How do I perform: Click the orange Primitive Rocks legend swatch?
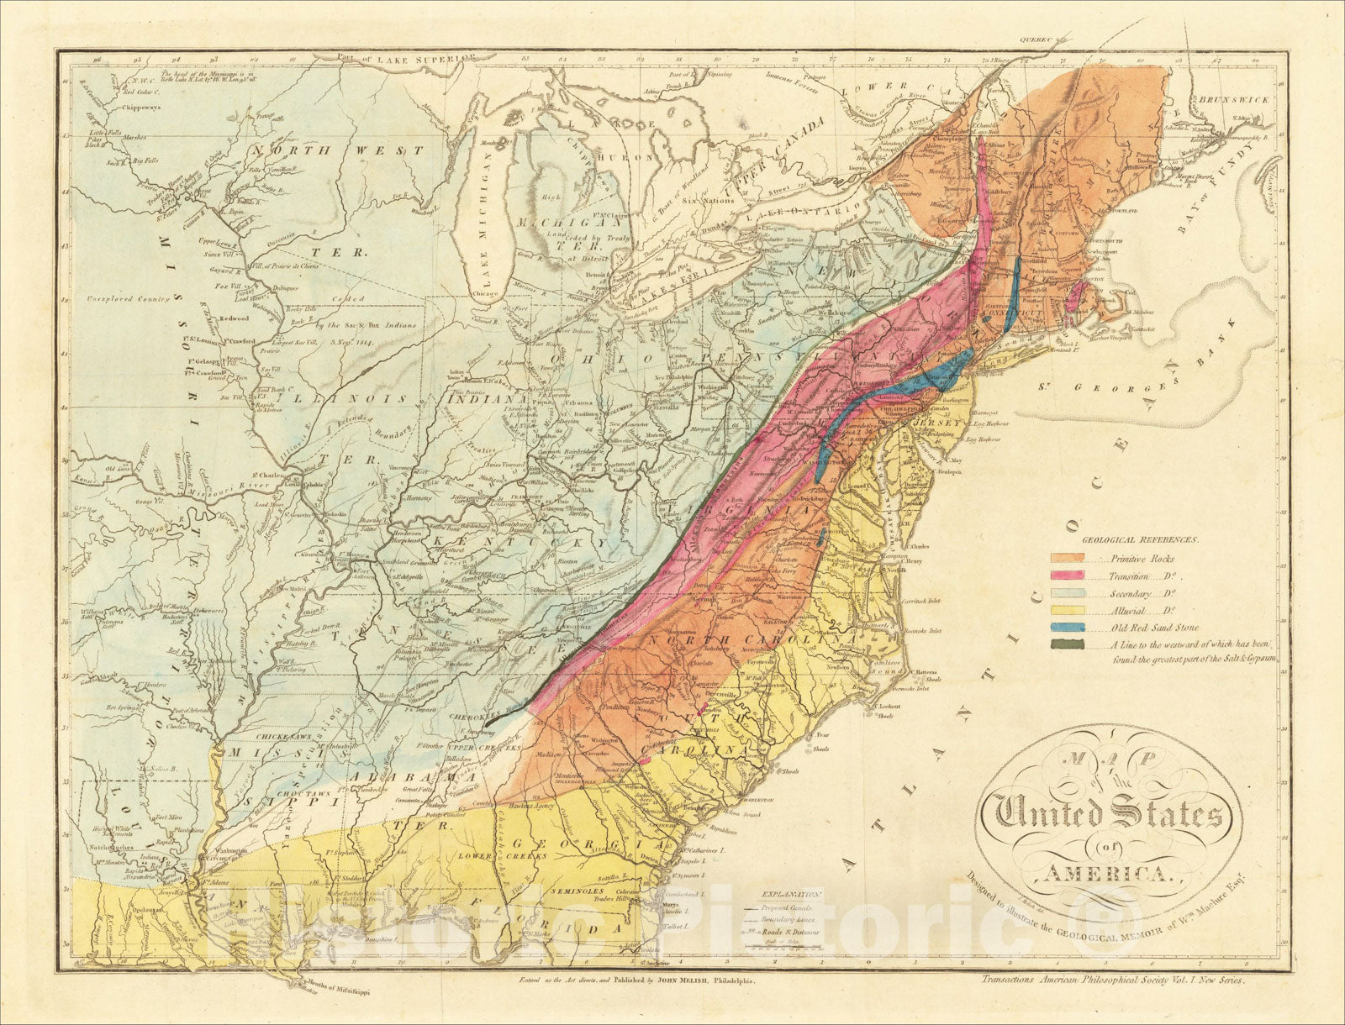point(1066,558)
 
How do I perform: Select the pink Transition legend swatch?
point(1066,576)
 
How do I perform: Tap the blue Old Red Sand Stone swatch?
point(1066,627)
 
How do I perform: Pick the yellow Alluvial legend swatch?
point(1066,610)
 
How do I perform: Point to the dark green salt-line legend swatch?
point(1066,644)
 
